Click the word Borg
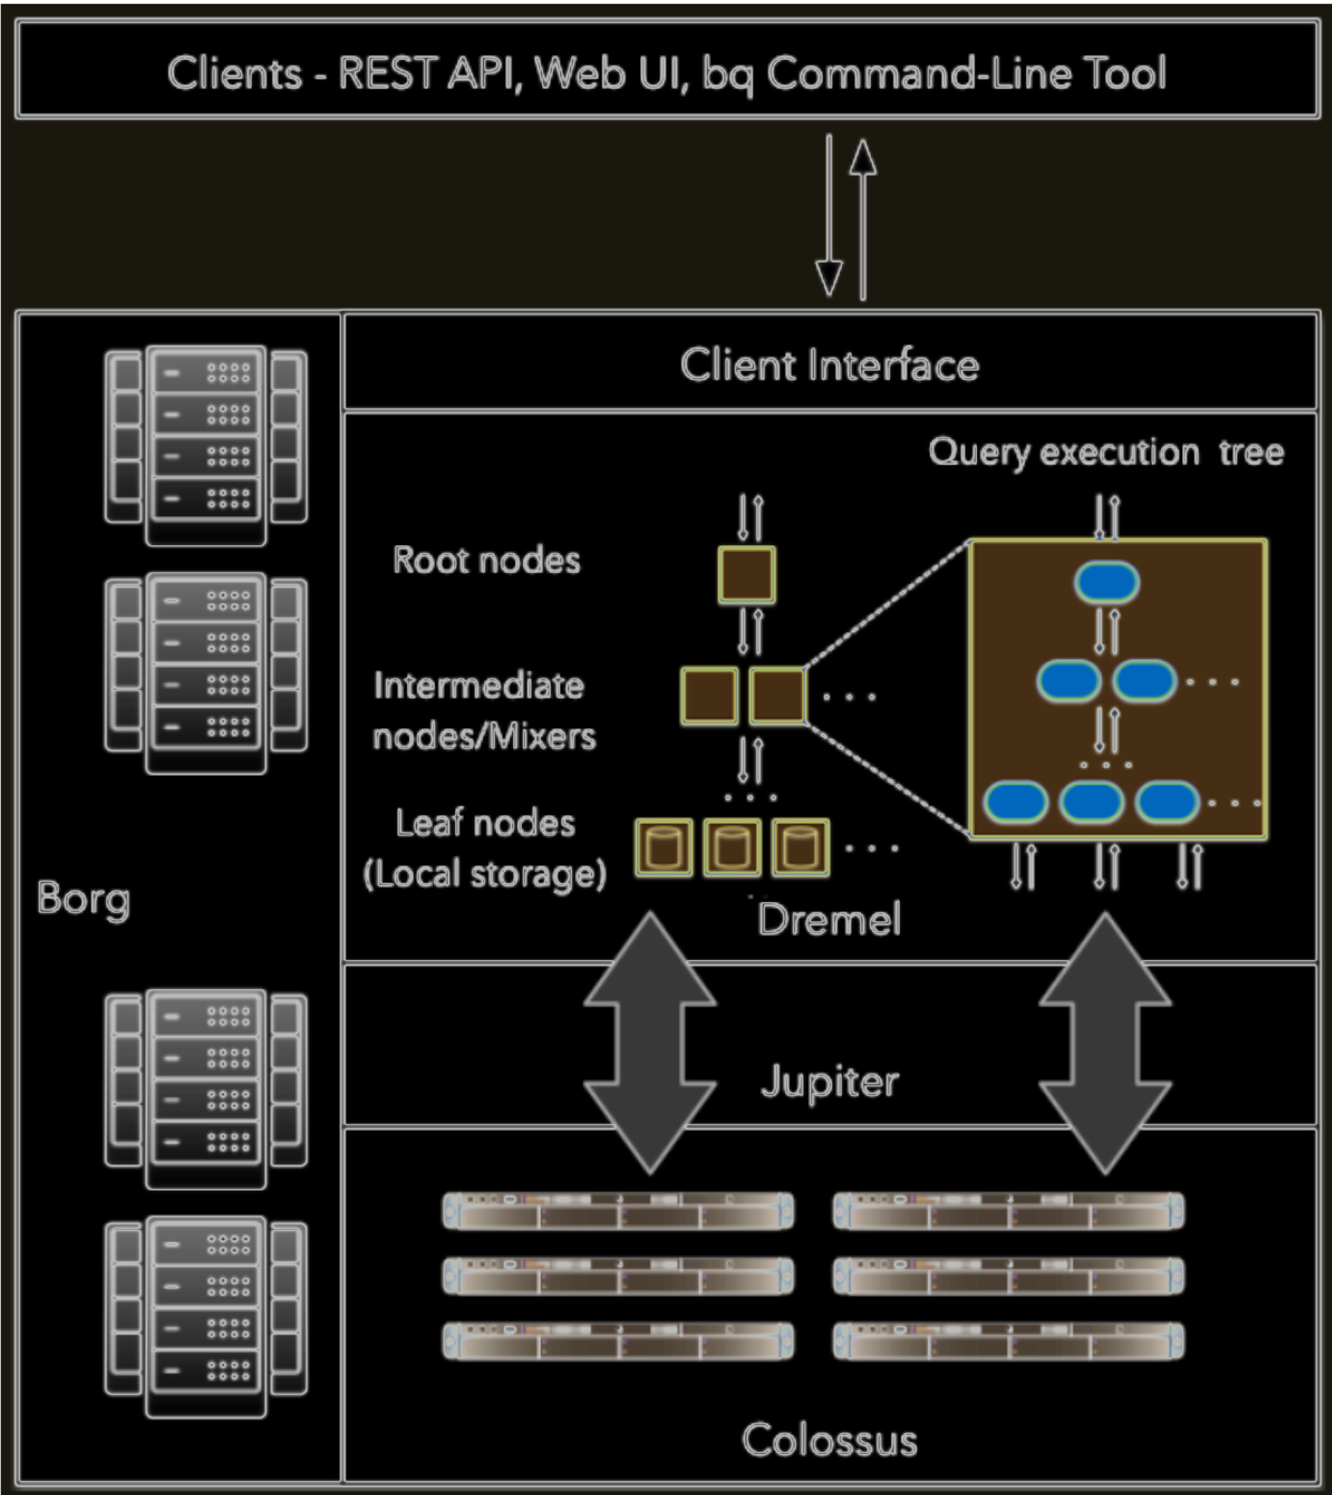click(x=83, y=899)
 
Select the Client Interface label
click(x=829, y=365)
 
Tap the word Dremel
click(x=829, y=920)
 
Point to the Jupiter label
click(x=829, y=1081)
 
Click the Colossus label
click(x=829, y=1440)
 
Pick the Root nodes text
click(x=486, y=560)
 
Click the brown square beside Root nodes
click(x=746, y=575)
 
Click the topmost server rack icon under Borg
click(x=206, y=445)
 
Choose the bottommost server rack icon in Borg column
click(x=206, y=1317)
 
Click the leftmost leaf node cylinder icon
click(x=664, y=847)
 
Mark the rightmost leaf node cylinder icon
click(x=801, y=847)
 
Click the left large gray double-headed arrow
click(x=650, y=1043)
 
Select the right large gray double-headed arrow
click(x=1105, y=1043)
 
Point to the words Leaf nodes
click(x=485, y=823)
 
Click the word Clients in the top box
click(x=234, y=73)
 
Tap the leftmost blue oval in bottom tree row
click(x=1016, y=802)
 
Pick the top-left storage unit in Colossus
click(x=618, y=1211)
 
